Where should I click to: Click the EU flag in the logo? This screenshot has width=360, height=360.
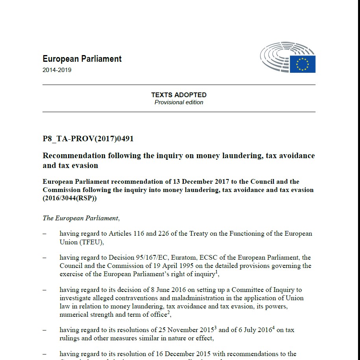coord(303,64)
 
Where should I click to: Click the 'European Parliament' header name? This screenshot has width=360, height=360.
coord(82,59)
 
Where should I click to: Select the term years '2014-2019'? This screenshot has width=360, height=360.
coord(57,70)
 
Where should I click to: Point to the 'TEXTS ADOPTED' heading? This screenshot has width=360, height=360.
coord(179,95)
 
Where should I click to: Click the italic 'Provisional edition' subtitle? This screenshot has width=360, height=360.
coord(179,102)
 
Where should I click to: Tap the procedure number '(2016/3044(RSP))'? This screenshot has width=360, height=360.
coord(69,198)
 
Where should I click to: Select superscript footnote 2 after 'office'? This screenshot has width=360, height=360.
coord(169,313)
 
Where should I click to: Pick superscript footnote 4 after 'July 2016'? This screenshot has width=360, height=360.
coord(273,328)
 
